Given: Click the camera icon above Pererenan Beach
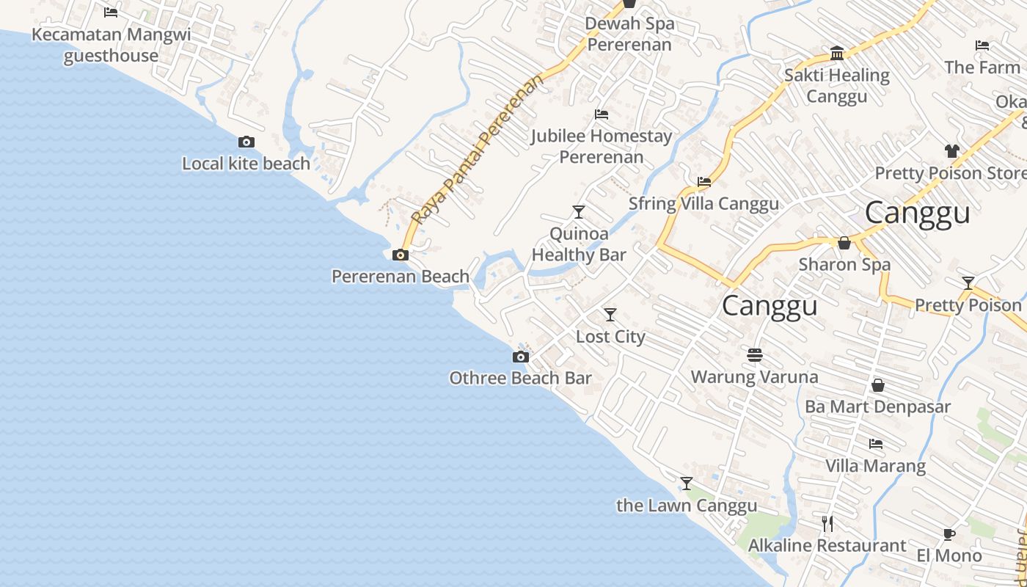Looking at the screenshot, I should [x=401, y=255].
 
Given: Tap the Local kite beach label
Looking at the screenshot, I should [x=246, y=164].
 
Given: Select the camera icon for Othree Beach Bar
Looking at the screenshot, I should [x=520, y=357].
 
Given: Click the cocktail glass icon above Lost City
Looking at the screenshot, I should [x=610, y=315].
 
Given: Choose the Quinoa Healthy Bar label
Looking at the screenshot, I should [x=579, y=244].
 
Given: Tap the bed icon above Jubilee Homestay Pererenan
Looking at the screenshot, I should [x=602, y=114].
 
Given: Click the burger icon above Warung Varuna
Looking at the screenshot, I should [x=755, y=355].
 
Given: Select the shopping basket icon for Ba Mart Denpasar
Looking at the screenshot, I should [x=877, y=385].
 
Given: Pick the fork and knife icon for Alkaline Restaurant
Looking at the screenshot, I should [x=827, y=523].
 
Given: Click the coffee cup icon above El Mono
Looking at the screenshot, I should [x=949, y=534].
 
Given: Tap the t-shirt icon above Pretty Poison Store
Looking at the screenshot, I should [x=952, y=151].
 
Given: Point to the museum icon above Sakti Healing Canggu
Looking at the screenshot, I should [x=837, y=53].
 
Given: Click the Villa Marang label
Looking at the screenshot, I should [x=875, y=466].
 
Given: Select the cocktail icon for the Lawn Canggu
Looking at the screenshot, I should [x=686, y=484].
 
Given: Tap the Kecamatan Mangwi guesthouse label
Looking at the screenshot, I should [x=111, y=45].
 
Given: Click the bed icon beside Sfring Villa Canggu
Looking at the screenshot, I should [x=704, y=182].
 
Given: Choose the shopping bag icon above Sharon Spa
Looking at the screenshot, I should [x=844, y=243].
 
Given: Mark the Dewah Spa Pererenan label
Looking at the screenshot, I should [x=629, y=34].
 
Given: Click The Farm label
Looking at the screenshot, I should [x=982, y=68].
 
